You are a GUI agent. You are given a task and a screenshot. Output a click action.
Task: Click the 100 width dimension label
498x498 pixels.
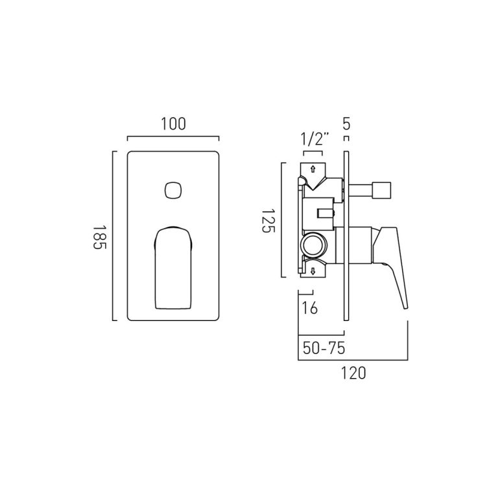pos(173,124)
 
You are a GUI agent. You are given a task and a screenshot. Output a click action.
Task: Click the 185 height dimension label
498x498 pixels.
pos(99,237)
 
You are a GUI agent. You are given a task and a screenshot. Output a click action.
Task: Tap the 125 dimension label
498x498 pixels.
pos(267,220)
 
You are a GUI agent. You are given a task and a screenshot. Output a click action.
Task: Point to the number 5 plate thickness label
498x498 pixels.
pos(346,124)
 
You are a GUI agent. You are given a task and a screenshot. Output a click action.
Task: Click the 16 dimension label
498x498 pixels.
pos(310,308)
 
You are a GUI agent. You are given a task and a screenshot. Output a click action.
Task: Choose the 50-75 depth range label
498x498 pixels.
pos(324,348)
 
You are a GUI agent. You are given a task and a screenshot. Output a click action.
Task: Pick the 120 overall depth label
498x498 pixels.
pos(353,373)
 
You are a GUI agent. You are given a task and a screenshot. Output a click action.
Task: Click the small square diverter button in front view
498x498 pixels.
pos(174,190)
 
